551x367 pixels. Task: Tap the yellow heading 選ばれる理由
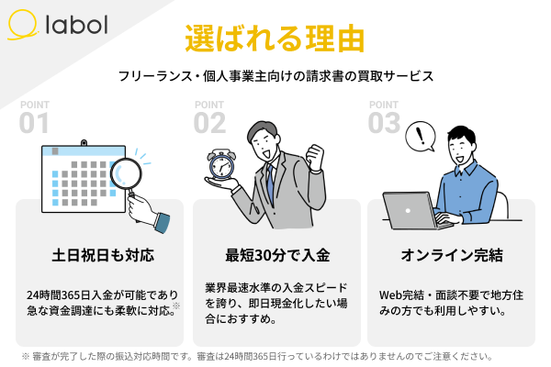(x=275, y=38)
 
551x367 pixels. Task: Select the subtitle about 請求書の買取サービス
(x=275, y=76)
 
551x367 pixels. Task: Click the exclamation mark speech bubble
(x=422, y=138)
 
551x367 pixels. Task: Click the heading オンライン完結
(x=450, y=254)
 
